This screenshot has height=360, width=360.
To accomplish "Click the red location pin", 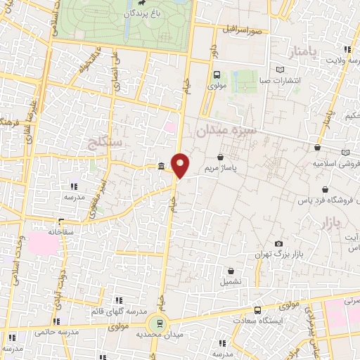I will pos(181,165).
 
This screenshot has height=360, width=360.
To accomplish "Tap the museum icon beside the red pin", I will pos(162,167).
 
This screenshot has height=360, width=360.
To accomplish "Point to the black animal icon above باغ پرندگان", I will pos(142,4).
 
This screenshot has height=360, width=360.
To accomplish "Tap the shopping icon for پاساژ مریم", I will pos(222,157).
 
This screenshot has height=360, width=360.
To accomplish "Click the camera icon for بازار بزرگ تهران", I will pos(278,243).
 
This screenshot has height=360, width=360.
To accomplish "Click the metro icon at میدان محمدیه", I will pos(159,323).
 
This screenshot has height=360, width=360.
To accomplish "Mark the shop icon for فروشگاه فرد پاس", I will pos(325,189).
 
